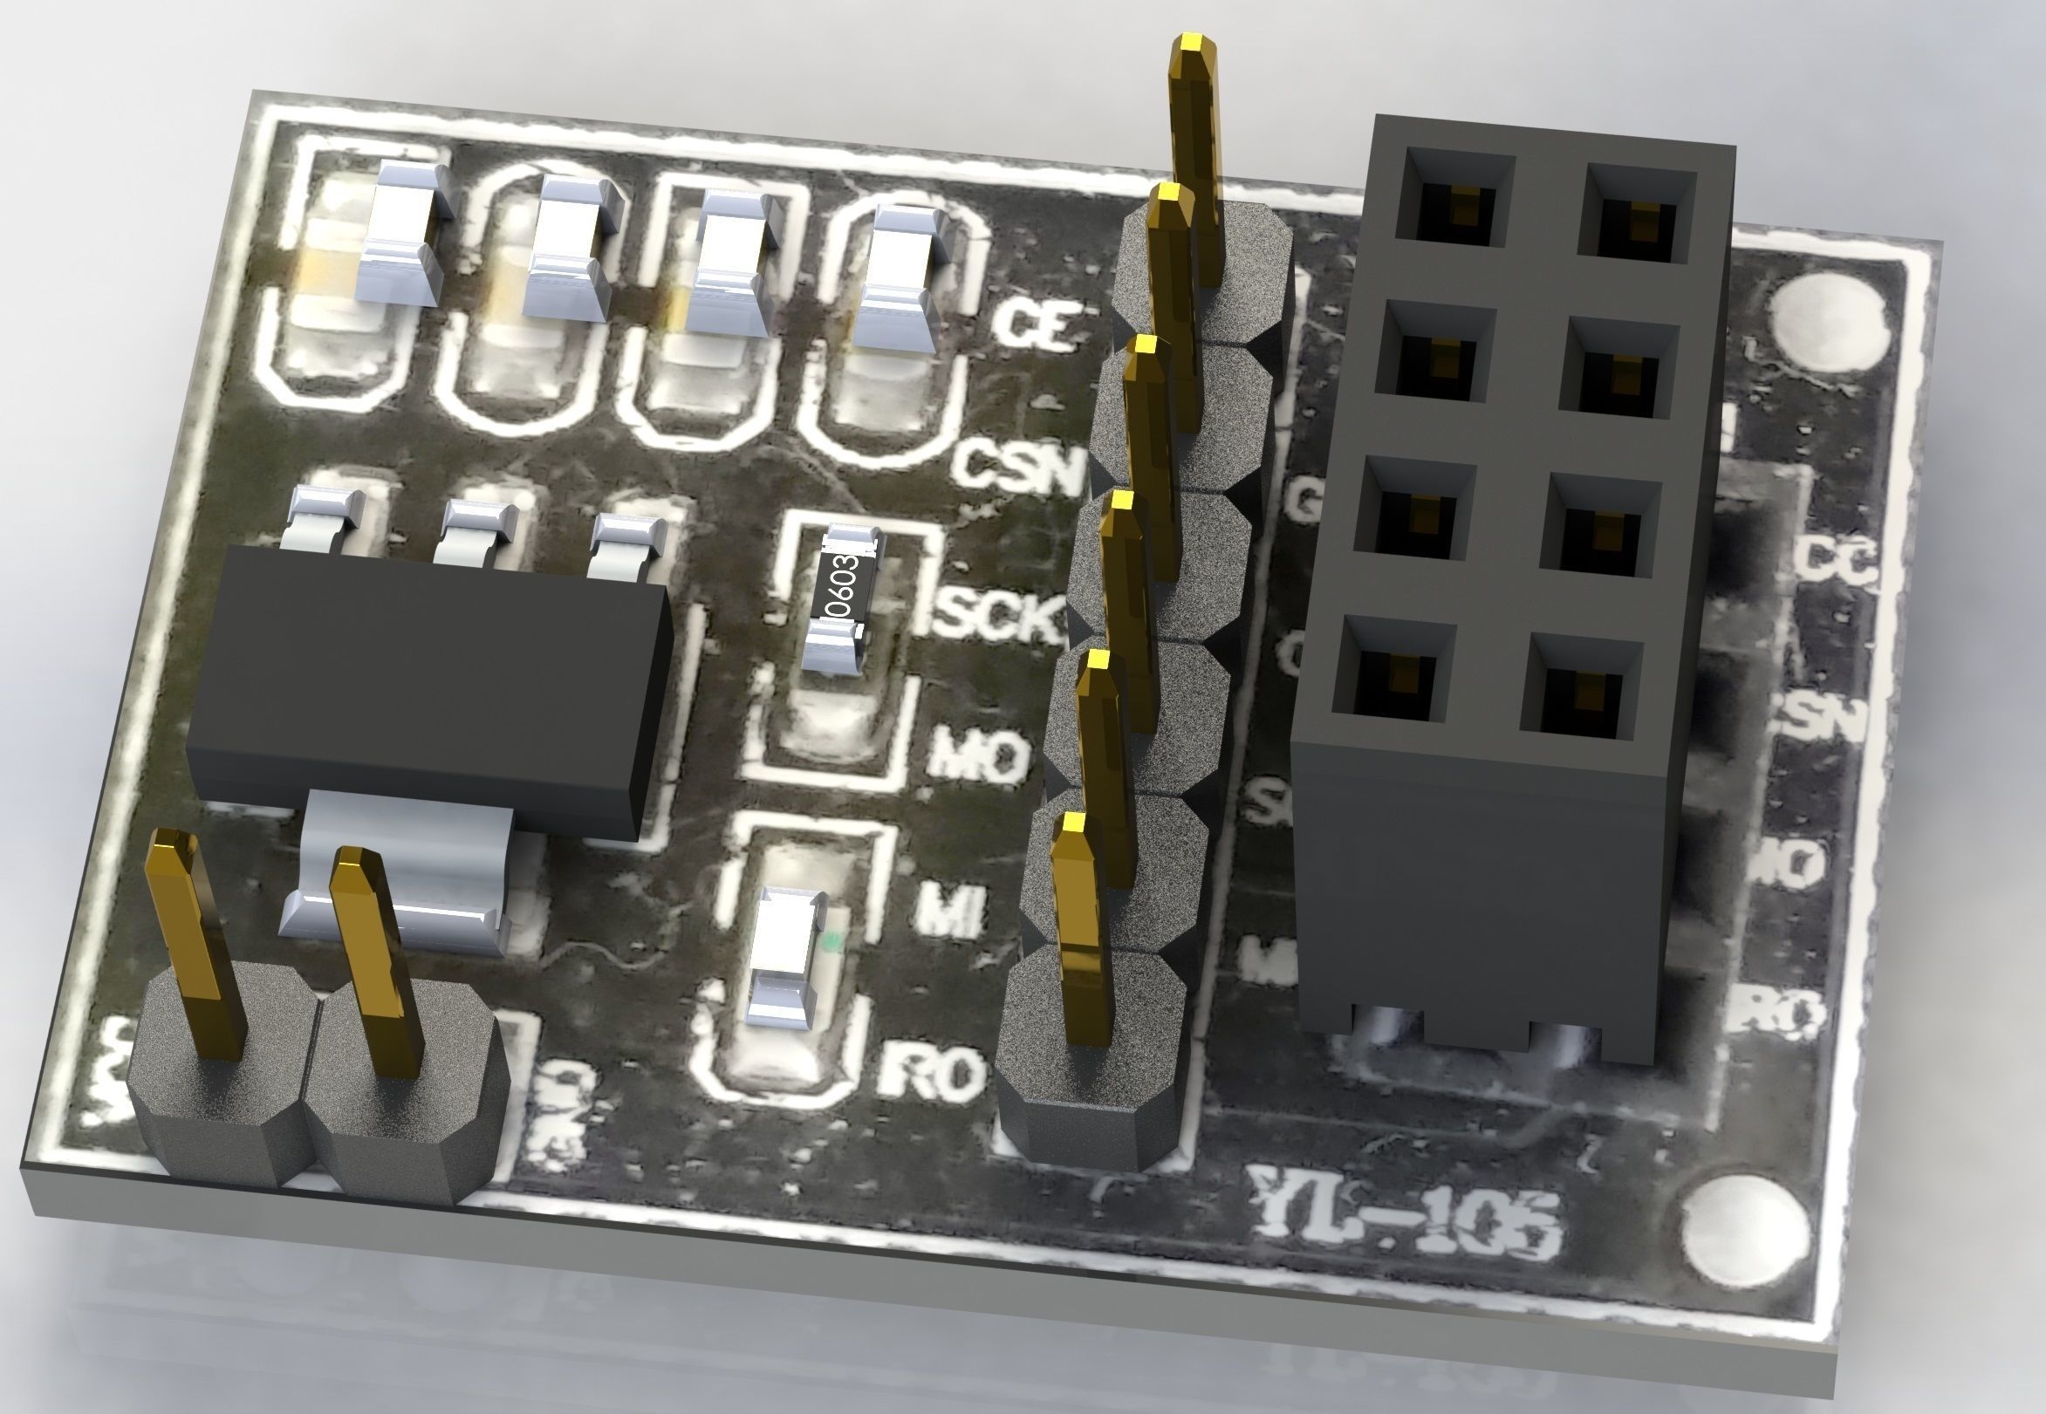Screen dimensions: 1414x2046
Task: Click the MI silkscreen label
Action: [x=949, y=912]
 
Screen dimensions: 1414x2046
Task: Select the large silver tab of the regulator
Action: [x=399, y=878]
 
